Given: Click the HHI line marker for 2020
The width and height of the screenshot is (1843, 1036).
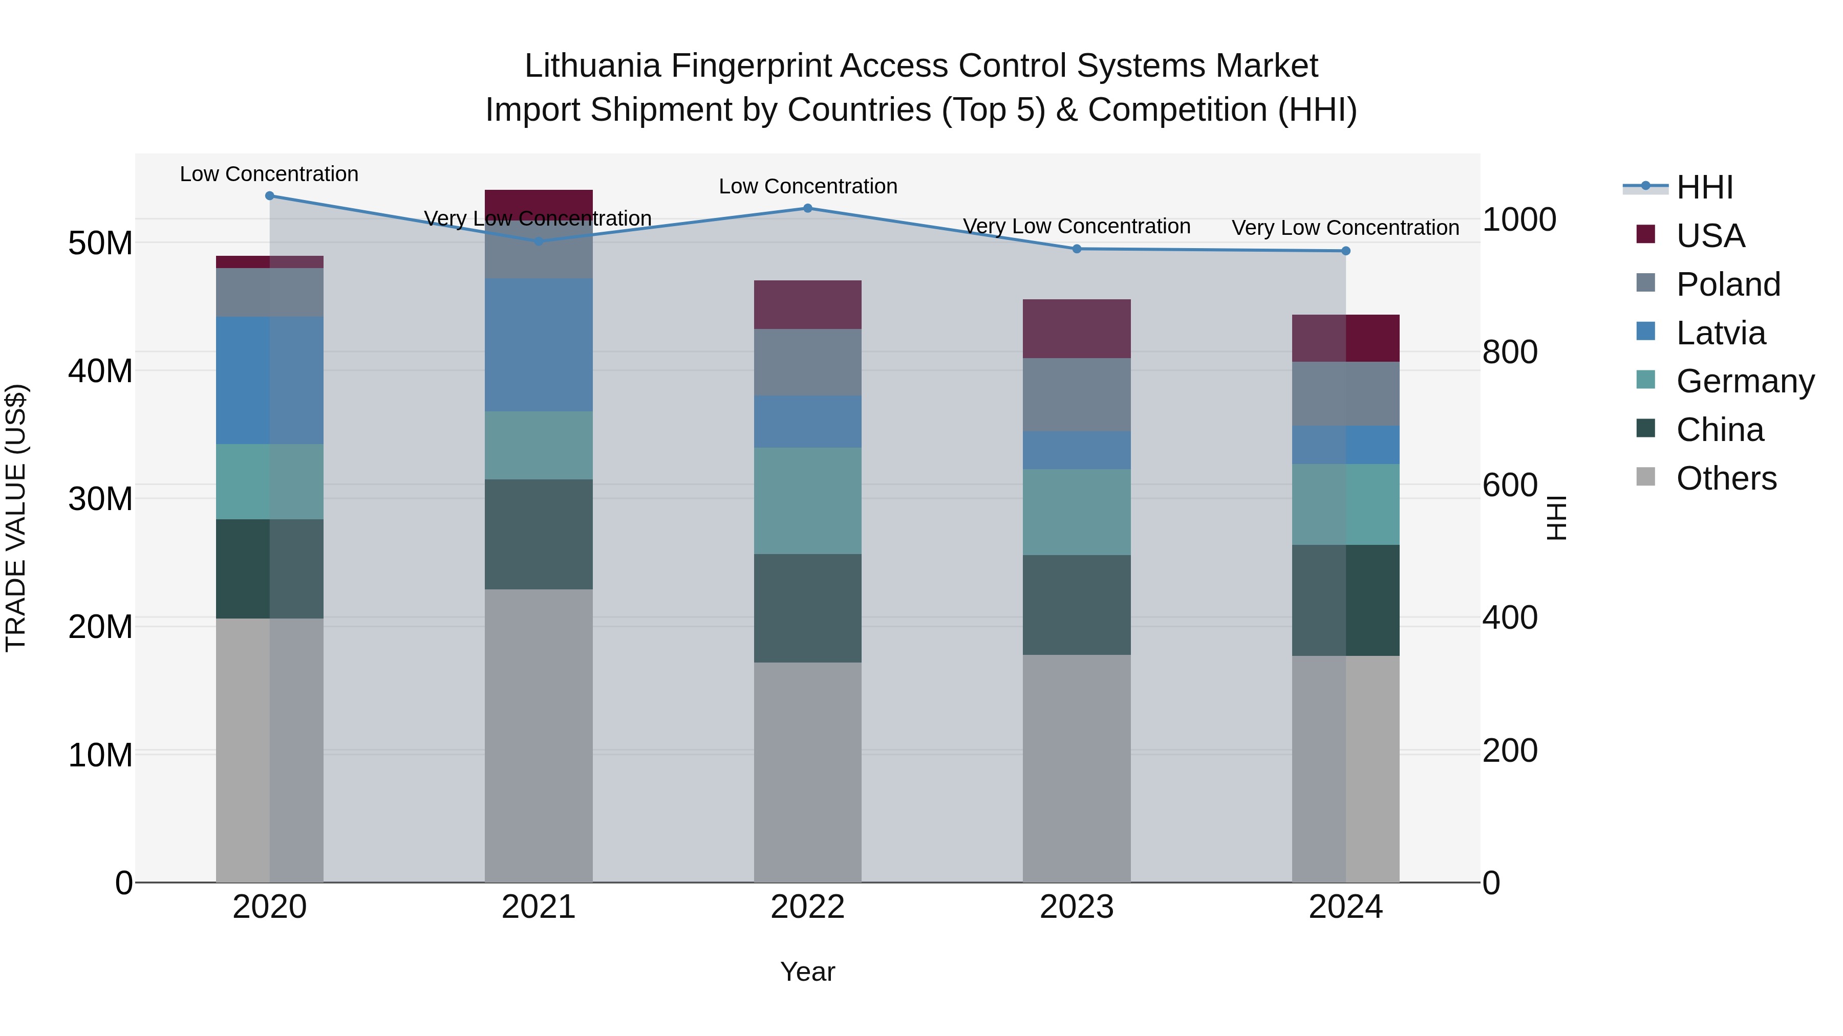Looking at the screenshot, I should click(270, 196).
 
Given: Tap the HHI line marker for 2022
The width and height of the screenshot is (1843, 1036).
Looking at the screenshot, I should click(808, 208).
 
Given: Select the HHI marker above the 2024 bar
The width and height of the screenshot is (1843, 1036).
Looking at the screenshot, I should click(1346, 251).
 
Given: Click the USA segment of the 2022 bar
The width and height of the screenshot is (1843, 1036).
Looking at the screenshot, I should click(808, 304).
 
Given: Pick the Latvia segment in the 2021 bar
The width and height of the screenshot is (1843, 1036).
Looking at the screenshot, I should click(539, 345).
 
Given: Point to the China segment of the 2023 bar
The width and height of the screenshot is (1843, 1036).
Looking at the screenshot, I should click(1077, 605).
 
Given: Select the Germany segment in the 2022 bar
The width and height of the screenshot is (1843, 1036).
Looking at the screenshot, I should click(808, 500).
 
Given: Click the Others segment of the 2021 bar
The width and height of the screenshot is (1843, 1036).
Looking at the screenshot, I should click(539, 735).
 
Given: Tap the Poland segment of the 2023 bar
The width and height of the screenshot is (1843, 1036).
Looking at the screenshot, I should click(1077, 394).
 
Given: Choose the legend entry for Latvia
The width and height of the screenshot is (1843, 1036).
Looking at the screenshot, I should click(1721, 333).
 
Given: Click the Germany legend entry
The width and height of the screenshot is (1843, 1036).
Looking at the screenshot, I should click(1745, 381).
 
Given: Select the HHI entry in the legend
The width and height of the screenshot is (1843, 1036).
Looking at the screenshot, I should click(1704, 187).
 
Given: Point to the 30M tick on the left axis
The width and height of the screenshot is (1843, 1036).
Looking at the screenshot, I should click(100, 499).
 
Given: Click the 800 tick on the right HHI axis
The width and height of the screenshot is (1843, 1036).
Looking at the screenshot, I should click(1510, 352).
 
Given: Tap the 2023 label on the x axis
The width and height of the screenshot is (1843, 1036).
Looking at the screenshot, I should click(1077, 907).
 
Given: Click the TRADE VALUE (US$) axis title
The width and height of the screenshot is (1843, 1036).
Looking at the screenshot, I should click(16, 518).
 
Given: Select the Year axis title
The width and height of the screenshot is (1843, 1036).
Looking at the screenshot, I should click(808, 972).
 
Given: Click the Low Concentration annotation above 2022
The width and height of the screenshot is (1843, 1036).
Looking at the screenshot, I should click(808, 187).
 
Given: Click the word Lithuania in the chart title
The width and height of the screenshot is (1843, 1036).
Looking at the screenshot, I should click(592, 66).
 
